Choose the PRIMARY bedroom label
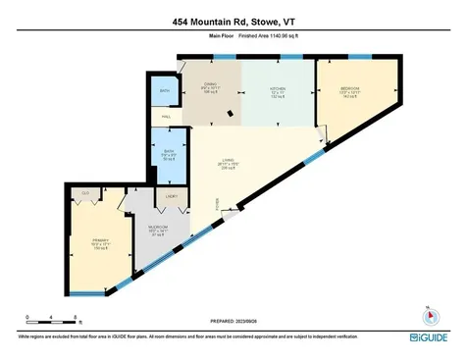click(98, 240)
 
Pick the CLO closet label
click(85, 193)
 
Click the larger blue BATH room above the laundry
click(169, 154)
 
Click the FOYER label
click(217, 203)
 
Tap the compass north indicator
click(429, 317)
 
